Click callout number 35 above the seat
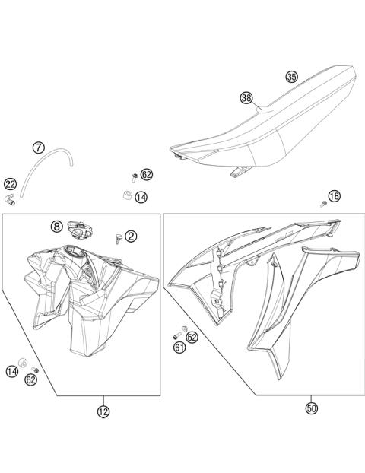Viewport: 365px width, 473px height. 292,77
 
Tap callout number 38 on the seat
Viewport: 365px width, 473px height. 246,97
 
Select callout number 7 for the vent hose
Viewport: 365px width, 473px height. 39,147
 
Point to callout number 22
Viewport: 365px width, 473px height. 10,183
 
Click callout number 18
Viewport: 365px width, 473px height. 335,196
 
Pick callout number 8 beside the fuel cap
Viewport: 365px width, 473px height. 58,226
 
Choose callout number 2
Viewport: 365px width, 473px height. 131,236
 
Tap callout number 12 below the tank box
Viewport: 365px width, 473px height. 103,411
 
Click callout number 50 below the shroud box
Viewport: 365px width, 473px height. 311,408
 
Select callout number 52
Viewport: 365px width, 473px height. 192,336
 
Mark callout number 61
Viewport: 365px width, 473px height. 179,348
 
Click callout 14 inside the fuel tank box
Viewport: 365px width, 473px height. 11,371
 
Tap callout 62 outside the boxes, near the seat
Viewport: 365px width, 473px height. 147,174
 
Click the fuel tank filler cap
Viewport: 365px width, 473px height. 78,226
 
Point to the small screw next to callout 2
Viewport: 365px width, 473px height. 117,239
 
